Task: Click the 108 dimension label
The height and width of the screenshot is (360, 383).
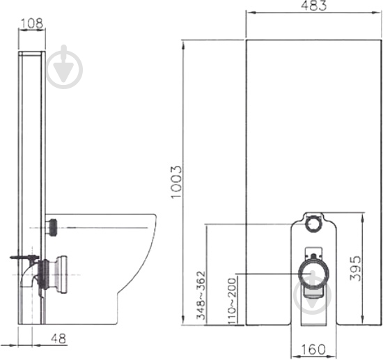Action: [x=31, y=24]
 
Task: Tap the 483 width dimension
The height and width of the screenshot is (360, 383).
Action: [x=313, y=6]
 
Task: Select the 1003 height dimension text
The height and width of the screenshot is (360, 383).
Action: [x=176, y=182]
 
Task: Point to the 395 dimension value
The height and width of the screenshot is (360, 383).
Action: [x=354, y=268]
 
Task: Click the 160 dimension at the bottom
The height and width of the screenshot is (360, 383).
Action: [x=313, y=350]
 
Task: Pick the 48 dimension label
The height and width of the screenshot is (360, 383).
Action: [x=58, y=338]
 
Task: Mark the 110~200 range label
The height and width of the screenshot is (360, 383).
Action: [x=232, y=301]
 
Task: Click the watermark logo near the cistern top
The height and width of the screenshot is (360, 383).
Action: [x=65, y=67]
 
